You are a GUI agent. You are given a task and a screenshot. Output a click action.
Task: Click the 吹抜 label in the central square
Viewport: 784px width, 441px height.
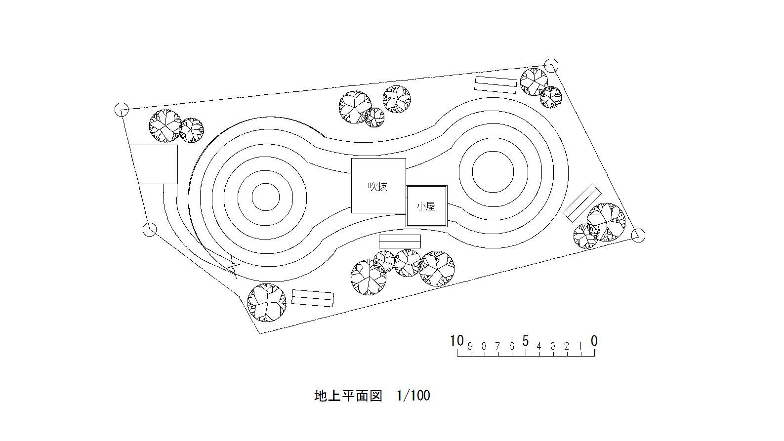point(378,186)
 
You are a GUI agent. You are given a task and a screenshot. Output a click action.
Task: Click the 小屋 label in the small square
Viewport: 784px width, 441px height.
point(426,206)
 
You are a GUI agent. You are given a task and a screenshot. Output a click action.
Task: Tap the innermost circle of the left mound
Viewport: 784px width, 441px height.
point(266,197)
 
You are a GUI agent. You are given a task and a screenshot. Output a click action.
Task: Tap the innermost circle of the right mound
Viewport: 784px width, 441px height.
point(493,172)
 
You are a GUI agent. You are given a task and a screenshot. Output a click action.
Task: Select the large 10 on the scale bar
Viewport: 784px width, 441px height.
point(457,341)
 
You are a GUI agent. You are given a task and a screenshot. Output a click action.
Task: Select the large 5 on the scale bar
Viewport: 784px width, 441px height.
point(525,341)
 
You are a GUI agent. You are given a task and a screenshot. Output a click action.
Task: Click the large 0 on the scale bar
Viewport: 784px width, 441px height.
point(594,341)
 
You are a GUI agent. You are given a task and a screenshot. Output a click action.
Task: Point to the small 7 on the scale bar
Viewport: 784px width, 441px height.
point(497,347)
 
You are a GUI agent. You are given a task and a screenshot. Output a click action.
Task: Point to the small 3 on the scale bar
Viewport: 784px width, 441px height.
point(553,347)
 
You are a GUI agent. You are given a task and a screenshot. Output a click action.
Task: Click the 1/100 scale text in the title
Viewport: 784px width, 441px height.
point(413,396)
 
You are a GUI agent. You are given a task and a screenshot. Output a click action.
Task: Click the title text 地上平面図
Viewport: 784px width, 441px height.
point(348,396)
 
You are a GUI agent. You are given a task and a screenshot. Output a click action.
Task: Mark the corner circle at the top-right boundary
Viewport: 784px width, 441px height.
point(551,65)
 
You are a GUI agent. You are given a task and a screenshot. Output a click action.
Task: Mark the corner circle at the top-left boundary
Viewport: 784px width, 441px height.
point(122,110)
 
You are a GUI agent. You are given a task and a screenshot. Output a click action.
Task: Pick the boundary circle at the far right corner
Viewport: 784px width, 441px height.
point(639,236)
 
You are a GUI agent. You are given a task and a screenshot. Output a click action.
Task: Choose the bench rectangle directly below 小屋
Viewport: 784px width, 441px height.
point(400,241)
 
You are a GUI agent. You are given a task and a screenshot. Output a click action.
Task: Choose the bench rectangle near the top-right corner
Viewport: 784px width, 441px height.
point(495,84)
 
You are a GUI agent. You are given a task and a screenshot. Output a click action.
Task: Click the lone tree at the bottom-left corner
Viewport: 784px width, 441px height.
point(266,302)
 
